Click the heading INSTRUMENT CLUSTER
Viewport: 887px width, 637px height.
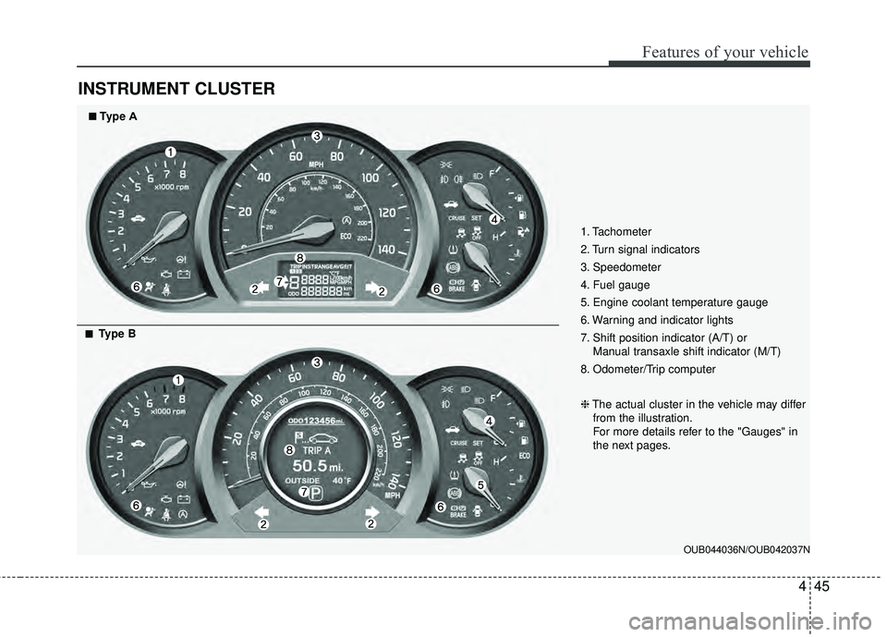pyautogui.click(x=176, y=89)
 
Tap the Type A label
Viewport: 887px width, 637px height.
pyautogui.click(x=115, y=117)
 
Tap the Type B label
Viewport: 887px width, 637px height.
pyautogui.click(x=115, y=334)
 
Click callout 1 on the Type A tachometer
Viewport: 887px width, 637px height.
pyautogui.click(x=171, y=151)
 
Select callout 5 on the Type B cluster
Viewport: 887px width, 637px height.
pyautogui.click(x=480, y=484)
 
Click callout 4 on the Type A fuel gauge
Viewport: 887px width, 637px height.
pyautogui.click(x=493, y=219)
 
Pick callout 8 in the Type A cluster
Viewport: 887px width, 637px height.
pyautogui.click(x=299, y=256)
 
